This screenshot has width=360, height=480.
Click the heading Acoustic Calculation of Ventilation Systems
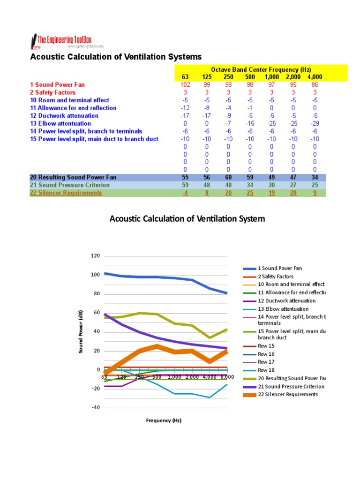point(116,57)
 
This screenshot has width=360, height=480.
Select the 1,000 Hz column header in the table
point(272,77)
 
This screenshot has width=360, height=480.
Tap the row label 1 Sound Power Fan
point(57,85)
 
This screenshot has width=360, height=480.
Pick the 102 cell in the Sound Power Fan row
point(185,85)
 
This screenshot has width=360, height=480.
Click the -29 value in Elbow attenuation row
point(315,123)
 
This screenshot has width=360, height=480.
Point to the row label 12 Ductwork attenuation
point(64,116)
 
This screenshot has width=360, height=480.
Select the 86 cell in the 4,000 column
point(315,85)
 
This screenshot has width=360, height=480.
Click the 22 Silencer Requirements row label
point(66,193)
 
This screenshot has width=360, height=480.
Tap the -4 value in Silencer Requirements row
point(185,193)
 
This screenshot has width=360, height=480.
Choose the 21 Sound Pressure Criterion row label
point(69,185)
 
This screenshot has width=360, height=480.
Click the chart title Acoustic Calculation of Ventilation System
point(187,219)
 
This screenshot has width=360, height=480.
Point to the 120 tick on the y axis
point(95,256)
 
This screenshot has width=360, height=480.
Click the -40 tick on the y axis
point(95,408)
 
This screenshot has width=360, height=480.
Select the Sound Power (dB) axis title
point(81,331)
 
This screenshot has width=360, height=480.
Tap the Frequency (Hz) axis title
point(163,420)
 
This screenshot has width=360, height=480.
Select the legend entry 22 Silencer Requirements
point(288,394)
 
